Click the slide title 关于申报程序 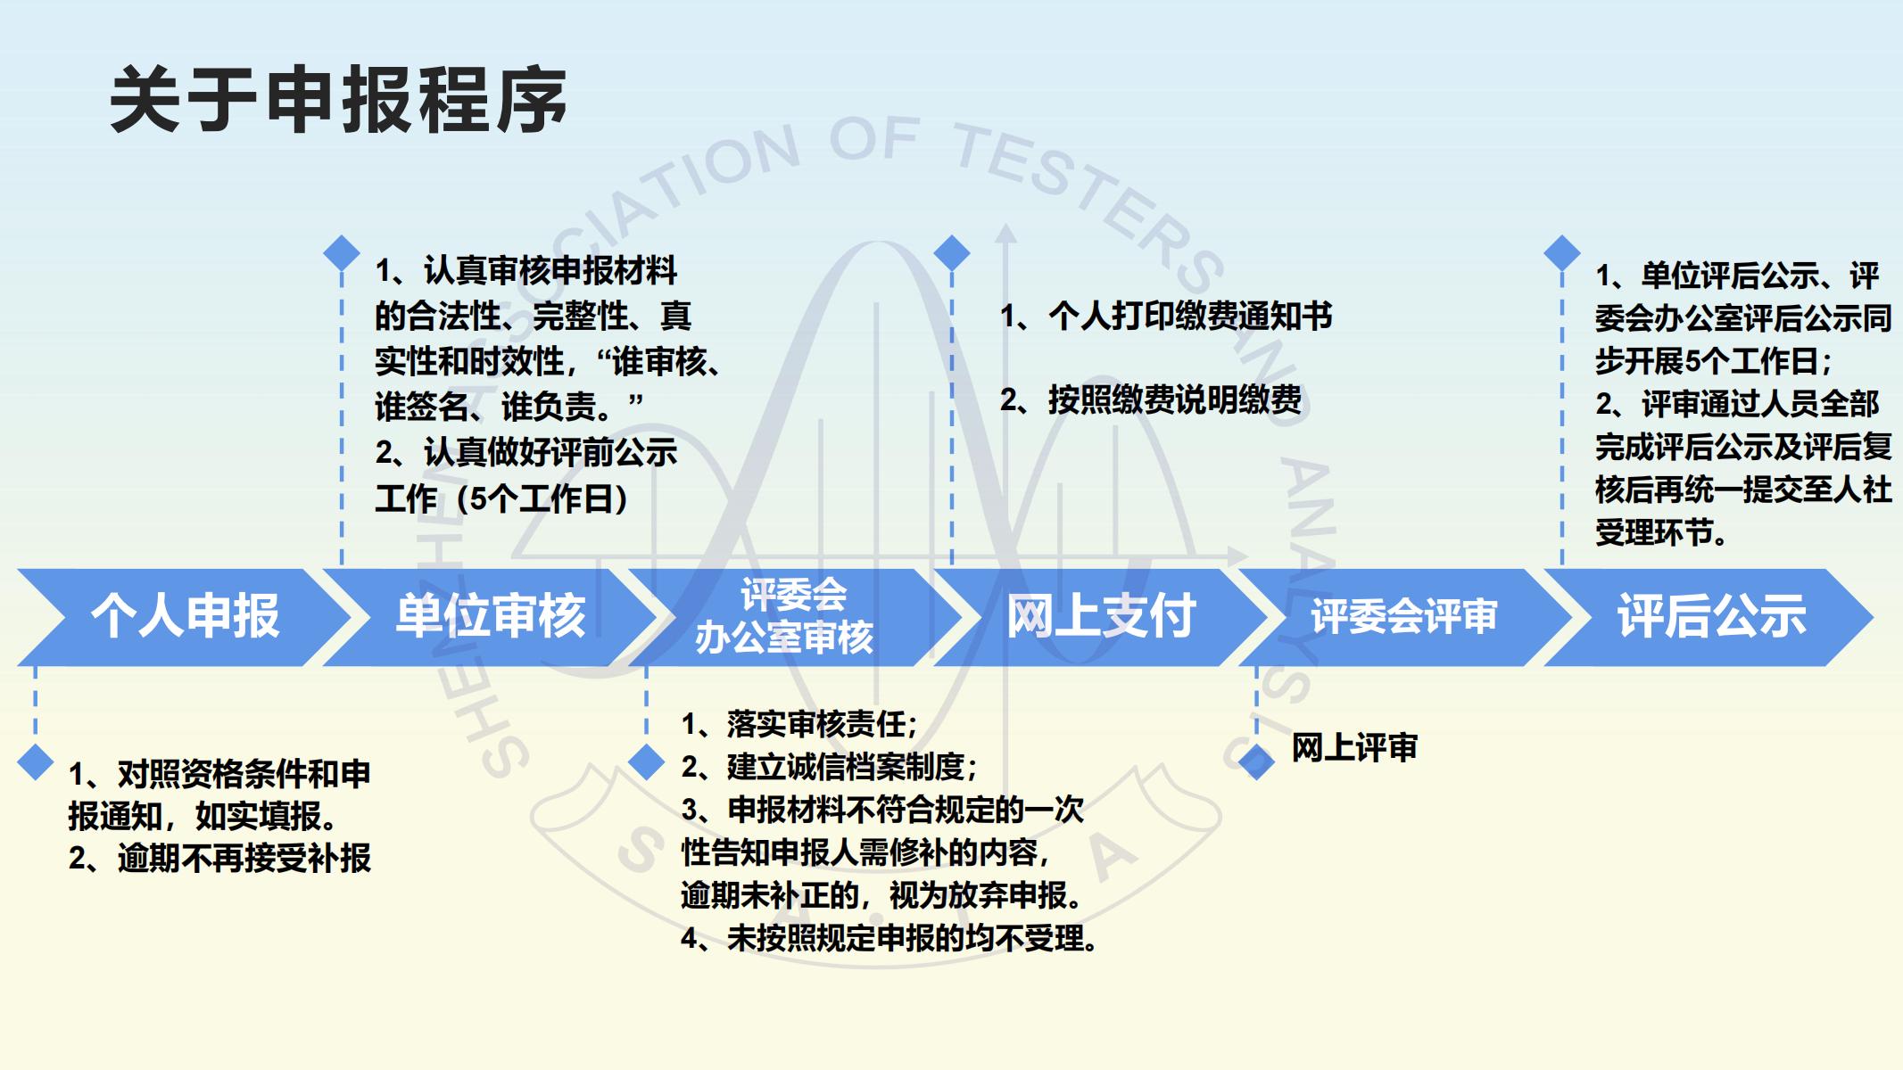click(338, 100)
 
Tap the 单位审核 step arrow click(490, 617)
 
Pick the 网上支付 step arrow click(1100, 617)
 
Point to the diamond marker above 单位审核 click(342, 253)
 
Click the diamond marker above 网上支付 click(952, 253)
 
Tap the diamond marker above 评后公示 click(1562, 253)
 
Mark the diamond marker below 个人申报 click(36, 762)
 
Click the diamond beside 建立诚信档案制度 click(647, 762)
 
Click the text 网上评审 click(1354, 747)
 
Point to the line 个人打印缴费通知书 click(1166, 316)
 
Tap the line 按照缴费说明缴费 click(1151, 399)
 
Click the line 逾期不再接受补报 click(219, 858)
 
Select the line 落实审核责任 click(799, 724)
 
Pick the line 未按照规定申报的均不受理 click(889, 938)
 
